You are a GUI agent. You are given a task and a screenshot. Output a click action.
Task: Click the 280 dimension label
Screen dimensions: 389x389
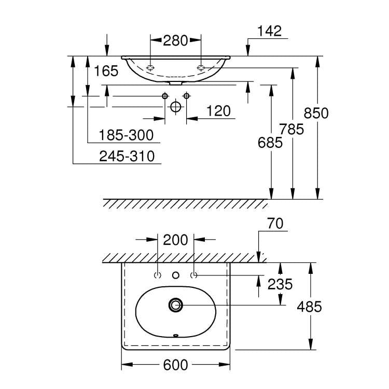(175, 40)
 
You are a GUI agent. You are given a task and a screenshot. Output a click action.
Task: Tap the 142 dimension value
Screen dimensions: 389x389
(269, 31)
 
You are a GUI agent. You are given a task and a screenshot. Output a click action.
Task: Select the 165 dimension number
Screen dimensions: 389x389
(106, 71)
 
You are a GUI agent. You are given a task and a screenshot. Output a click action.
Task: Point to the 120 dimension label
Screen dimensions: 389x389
(218, 111)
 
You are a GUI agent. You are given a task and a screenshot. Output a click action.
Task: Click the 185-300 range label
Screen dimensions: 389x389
(126, 135)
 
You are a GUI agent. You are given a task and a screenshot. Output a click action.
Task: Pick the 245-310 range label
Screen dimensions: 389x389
(127, 156)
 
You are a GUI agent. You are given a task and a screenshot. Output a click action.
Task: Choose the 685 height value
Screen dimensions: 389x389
(270, 143)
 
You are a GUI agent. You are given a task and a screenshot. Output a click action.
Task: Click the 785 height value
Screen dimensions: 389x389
(291, 129)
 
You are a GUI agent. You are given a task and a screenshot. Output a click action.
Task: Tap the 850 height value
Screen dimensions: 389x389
(316, 113)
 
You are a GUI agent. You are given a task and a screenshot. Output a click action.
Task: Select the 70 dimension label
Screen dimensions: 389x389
(275, 224)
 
